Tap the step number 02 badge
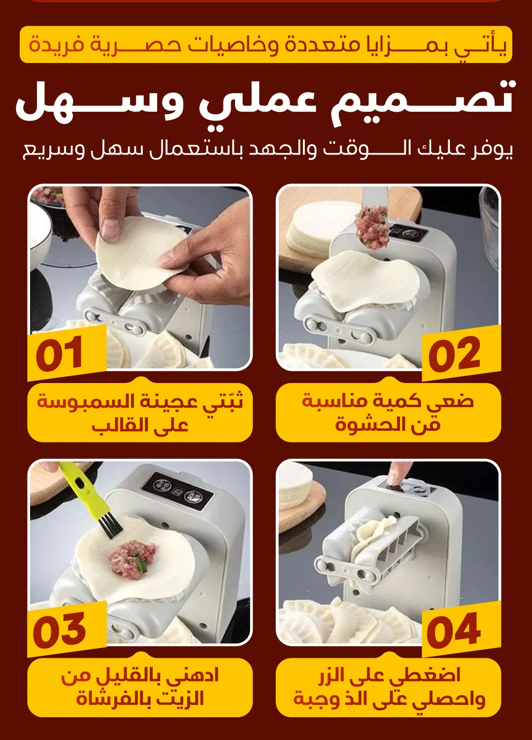tap(461, 353)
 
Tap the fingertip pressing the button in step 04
tap(396, 475)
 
